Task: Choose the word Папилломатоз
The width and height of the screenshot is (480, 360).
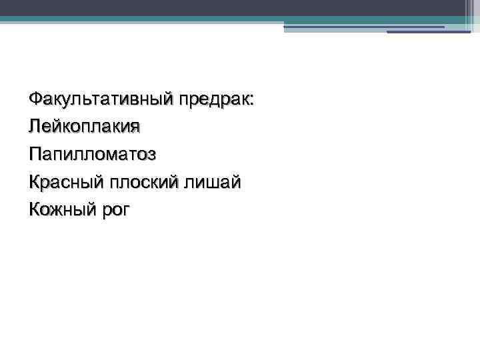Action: click(93, 155)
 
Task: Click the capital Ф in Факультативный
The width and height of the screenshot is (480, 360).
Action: click(35, 101)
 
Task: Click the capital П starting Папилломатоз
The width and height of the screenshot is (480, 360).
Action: click(35, 155)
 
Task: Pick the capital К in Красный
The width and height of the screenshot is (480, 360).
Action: click(35, 182)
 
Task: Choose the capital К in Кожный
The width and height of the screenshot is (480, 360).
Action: click(35, 210)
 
